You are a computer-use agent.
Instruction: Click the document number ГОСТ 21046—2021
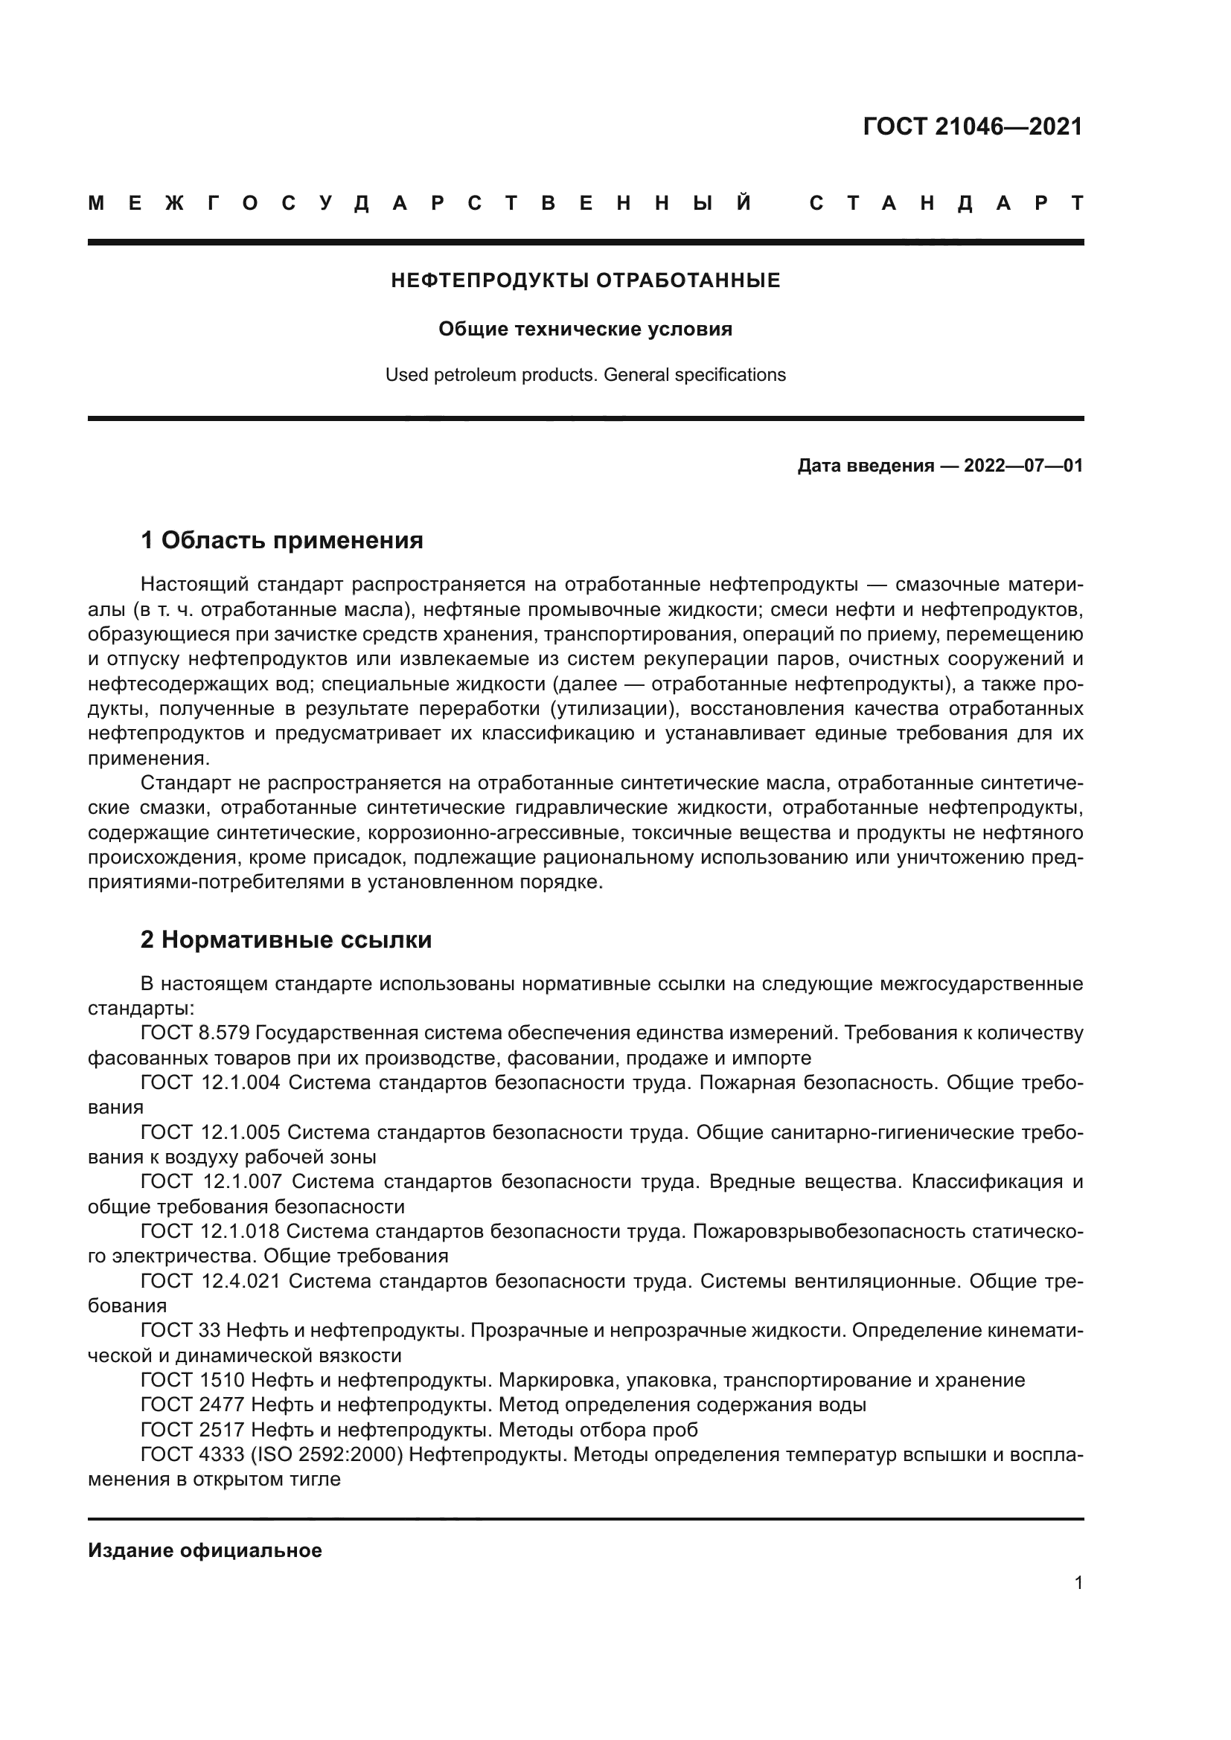coord(973,126)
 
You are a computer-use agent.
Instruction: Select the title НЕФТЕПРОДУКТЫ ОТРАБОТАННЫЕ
coord(585,281)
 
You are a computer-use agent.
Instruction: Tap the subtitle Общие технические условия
coord(585,330)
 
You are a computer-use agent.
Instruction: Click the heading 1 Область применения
coord(282,541)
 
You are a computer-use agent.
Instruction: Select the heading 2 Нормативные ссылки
coord(286,940)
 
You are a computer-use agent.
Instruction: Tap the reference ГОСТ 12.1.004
coord(210,1083)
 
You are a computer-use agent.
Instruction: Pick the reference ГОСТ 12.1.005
coord(210,1133)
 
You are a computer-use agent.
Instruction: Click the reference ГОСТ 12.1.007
coord(211,1182)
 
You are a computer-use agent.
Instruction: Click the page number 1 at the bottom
coord(1078,1583)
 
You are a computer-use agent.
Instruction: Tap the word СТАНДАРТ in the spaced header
coord(946,204)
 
